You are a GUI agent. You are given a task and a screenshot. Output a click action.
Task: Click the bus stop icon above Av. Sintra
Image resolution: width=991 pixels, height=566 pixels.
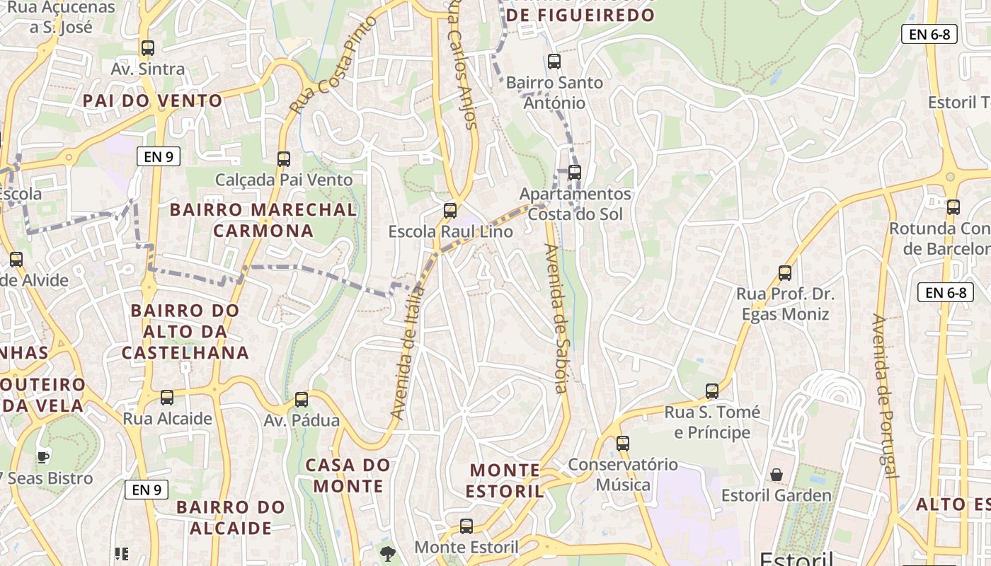(x=147, y=48)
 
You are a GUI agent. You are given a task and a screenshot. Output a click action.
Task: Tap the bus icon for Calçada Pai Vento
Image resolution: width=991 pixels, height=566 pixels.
(x=284, y=159)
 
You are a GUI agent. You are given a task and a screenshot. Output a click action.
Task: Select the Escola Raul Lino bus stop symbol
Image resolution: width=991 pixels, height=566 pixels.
(x=450, y=211)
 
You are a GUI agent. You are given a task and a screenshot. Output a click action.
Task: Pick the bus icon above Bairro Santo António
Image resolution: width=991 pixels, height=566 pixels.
(x=554, y=62)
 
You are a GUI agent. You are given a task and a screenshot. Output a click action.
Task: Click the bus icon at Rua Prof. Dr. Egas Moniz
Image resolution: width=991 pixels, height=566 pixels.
(x=784, y=273)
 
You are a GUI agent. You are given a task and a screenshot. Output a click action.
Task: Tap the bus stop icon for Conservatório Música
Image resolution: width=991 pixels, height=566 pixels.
(x=623, y=444)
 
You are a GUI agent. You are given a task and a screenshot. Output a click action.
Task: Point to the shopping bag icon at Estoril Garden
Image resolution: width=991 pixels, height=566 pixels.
(x=777, y=474)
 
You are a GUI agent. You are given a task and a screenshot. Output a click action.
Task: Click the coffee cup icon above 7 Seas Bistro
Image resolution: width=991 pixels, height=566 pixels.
(x=43, y=457)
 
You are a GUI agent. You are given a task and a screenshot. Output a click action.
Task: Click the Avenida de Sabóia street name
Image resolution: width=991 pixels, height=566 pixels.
(x=556, y=318)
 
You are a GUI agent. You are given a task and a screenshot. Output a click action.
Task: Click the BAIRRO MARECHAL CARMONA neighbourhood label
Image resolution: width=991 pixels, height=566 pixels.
(x=263, y=220)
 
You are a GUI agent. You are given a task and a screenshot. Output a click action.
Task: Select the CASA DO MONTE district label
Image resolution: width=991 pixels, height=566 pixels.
(x=348, y=475)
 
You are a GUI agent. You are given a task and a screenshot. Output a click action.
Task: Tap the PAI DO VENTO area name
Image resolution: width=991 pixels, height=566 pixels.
(x=153, y=100)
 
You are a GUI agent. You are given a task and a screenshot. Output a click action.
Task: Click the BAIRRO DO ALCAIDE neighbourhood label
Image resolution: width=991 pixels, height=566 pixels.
(x=230, y=518)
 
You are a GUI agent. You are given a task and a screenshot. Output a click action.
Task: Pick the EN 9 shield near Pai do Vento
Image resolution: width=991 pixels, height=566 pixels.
(x=159, y=157)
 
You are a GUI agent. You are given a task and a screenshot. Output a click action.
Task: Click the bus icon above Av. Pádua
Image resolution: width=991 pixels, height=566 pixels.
(x=302, y=400)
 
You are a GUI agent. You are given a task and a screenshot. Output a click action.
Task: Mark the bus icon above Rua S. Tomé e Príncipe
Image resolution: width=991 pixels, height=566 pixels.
(x=712, y=391)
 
